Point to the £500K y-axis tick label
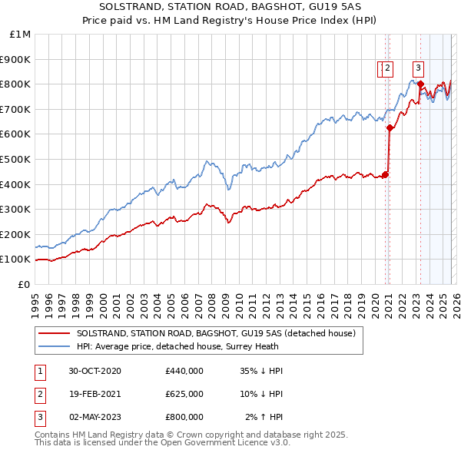16,160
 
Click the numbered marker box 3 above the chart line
418,67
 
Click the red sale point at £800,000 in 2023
420,84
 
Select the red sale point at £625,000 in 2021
390,128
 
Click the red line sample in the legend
55,334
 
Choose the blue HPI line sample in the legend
55,346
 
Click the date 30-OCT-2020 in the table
95,371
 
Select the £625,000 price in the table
184,394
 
